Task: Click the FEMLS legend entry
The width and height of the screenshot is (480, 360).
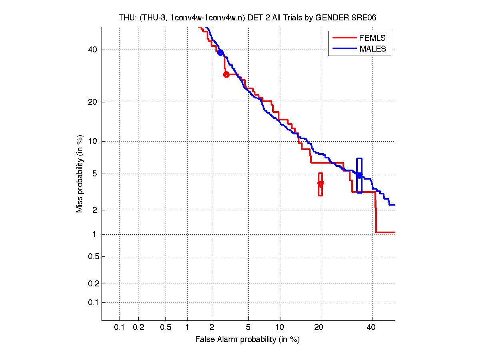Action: (x=372, y=38)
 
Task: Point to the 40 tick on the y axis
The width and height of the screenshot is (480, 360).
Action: (x=92, y=50)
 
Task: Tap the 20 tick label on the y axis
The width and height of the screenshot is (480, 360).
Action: (x=92, y=102)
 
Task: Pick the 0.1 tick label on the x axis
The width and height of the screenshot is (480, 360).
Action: (x=120, y=328)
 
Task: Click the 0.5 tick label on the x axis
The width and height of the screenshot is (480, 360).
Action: (x=165, y=328)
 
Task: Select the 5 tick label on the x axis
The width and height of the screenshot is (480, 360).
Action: (x=248, y=328)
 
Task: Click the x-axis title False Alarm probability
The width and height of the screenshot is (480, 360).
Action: (x=247, y=340)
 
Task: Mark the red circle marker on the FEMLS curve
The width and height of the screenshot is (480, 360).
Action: (x=226, y=74)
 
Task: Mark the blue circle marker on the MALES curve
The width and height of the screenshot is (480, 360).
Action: (x=220, y=53)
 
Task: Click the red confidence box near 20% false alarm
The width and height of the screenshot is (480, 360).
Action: (x=320, y=184)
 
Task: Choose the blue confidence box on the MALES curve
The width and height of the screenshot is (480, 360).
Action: (x=359, y=175)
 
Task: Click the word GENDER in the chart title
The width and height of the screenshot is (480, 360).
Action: (x=334, y=18)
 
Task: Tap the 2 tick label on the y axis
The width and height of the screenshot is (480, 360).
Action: (x=94, y=210)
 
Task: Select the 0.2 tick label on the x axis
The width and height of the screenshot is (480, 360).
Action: (x=138, y=328)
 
